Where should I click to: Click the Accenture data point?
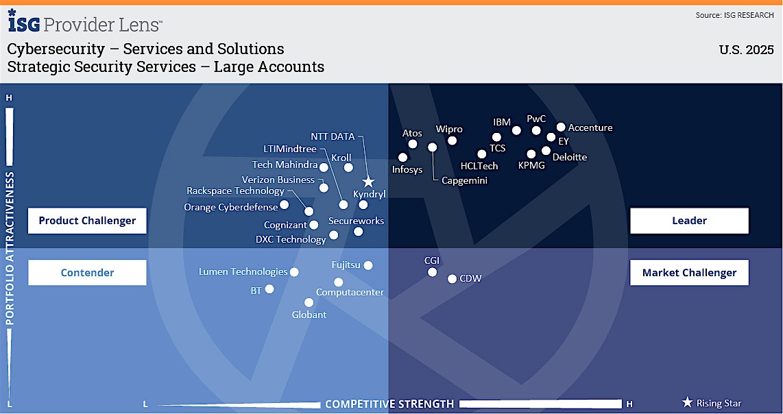561,127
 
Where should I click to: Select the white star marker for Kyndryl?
368,182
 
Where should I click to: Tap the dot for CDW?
452,279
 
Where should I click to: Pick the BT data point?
269,289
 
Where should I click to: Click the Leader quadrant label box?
689,221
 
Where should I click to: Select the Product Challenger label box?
87,221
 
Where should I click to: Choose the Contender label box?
87,273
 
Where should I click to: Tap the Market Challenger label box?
689,273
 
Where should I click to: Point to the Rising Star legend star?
688,402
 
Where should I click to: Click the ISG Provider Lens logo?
85,21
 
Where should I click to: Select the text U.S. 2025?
746,50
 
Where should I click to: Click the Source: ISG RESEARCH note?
734,16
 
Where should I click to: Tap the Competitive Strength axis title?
389,404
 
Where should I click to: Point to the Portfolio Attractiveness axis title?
10,248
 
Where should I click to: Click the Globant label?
309,315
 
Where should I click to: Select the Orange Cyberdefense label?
230,207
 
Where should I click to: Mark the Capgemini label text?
464,181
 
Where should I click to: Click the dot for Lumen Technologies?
294,272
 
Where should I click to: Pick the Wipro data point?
452,141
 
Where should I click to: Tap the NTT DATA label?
333,136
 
